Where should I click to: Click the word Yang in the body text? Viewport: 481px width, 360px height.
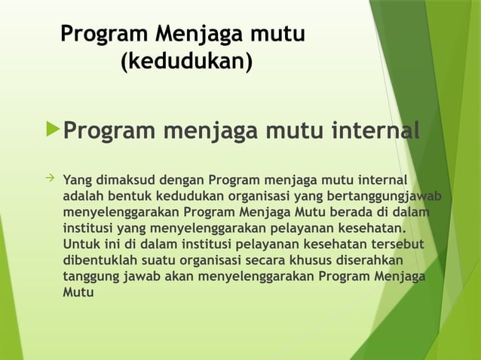pyautogui.click(x=76, y=180)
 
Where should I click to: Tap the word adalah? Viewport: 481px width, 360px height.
pyautogui.click(x=84, y=197)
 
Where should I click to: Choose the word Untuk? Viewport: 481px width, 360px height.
pyautogui.click(x=81, y=245)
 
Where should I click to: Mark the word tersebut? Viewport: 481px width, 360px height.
pyautogui.click(x=396, y=245)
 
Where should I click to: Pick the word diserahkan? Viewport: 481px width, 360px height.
pyautogui.click(x=374, y=261)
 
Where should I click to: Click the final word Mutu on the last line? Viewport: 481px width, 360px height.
pyautogui.click(x=79, y=292)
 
